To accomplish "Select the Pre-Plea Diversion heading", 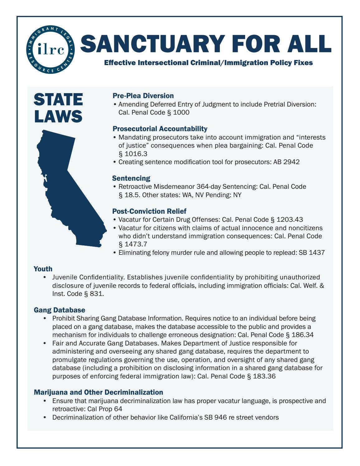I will click(143, 96).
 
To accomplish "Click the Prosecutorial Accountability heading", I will click(160, 129).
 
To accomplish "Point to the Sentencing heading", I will click(131, 178).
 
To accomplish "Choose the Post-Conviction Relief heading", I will click(149, 211).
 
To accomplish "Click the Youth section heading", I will click(43, 269).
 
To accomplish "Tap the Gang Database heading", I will click(59, 310).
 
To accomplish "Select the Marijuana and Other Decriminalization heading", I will click(98, 392).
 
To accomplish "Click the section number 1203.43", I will click(290, 220).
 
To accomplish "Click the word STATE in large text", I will click(58, 100).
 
